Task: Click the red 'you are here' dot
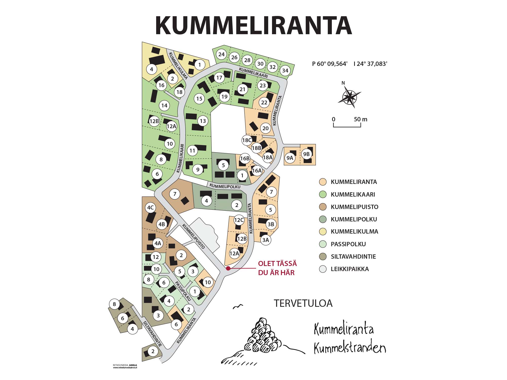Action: click(228, 268)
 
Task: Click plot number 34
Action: click(285, 70)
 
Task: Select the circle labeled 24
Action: click(222, 54)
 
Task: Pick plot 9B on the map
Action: click(306, 154)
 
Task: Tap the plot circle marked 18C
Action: click(247, 140)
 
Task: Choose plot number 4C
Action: click(150, 208)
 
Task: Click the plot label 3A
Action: click(265, 240)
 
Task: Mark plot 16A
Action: click(257, 170)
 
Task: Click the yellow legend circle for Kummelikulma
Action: click(323, 232)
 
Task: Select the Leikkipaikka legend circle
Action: click(323, 269)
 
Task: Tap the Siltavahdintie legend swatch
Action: click(323, 257)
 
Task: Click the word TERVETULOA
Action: click(303, 303)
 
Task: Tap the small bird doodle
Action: click(238, 307)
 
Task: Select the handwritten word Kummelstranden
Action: click(350, 348)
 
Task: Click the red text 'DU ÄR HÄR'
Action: click(276, 273)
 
